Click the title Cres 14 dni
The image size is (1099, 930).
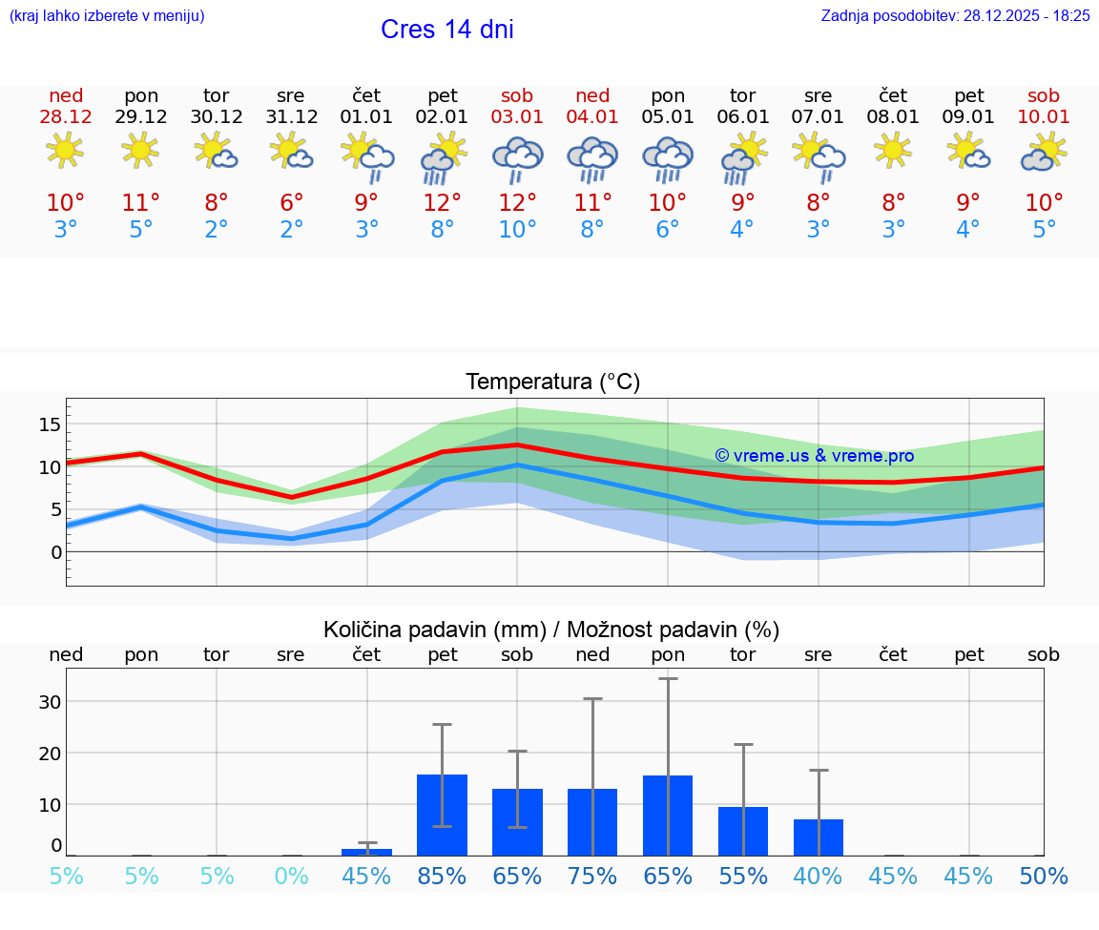(446, 30)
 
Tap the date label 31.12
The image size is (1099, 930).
(291, 117)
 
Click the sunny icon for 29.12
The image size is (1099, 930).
(140, 150)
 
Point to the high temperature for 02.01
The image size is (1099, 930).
(442, 203)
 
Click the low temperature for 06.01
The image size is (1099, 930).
(742, 230)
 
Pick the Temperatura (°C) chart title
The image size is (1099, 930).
(552, 382)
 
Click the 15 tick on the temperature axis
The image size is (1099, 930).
(50, 424)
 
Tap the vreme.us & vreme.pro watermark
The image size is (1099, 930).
(814, 456)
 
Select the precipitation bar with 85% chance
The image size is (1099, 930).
(442, 815)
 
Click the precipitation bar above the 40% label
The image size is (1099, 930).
(819, 837)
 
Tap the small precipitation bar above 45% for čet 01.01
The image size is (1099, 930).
(366, 851)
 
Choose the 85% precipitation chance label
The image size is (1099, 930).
(442, 877)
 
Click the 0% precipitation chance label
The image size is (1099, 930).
(291, 877)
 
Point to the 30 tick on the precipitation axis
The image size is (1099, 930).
(50, 702)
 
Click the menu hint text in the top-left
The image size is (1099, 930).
(107, 15)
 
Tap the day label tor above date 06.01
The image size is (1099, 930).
(742, 95)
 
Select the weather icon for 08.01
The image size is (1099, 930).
(893, 150)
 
